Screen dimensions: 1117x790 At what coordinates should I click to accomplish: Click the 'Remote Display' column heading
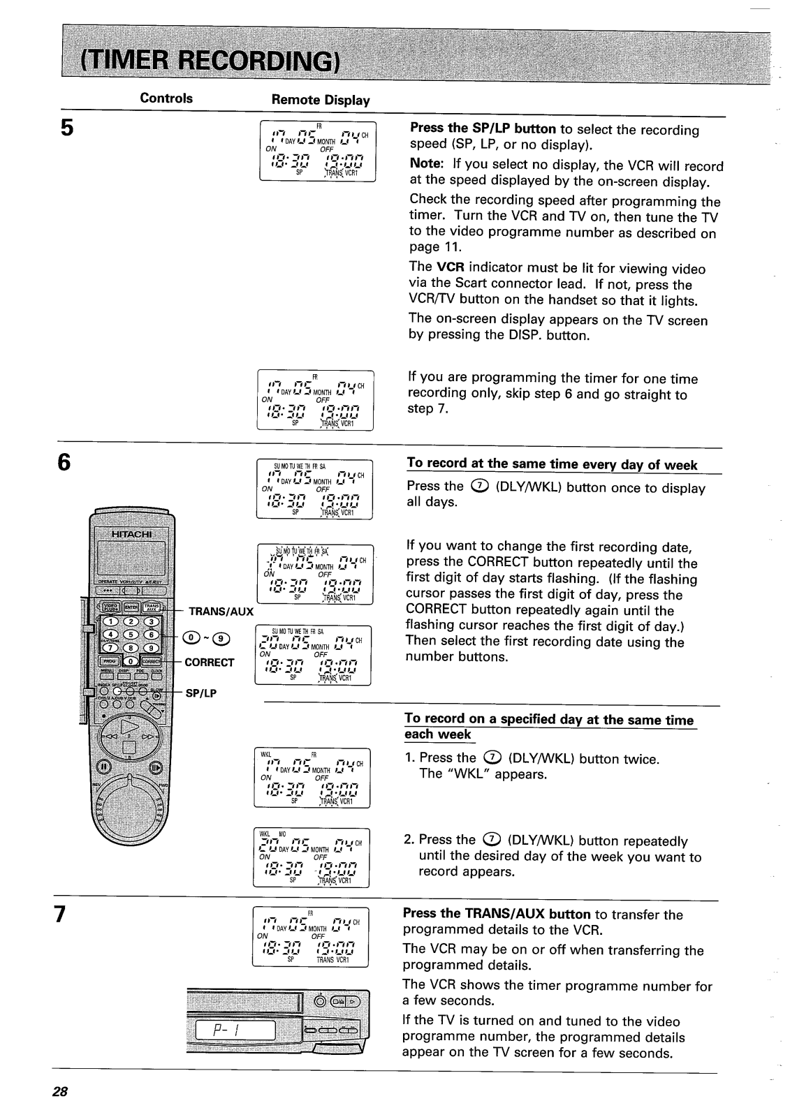point(320,100)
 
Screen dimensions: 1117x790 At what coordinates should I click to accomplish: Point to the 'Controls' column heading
point(166,98)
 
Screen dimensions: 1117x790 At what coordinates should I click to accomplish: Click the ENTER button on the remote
point(131,607)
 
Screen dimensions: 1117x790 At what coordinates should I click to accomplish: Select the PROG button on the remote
point(110,661)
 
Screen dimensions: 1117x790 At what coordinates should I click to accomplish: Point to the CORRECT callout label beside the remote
point(210,663)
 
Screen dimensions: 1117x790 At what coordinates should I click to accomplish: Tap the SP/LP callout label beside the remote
point(199,693)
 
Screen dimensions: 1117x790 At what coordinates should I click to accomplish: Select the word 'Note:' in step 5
point(427,166)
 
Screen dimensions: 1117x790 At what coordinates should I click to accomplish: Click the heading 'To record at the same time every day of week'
point(552,465)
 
